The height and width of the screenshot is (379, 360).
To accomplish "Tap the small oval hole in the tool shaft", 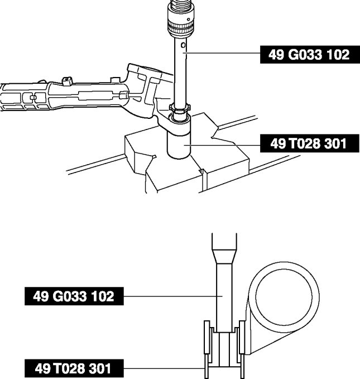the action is (x=183, y=45).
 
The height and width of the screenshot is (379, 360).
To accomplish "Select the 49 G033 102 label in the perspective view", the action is (x=309, y=55).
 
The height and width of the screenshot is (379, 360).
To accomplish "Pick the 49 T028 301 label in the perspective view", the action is (x=309, y=143).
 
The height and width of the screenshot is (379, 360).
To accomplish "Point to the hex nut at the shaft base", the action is (x=180, y=108).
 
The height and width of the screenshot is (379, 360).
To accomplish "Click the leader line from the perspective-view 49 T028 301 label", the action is (x=222, y=145).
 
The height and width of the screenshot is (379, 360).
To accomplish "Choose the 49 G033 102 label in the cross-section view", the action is (x=74, y=296).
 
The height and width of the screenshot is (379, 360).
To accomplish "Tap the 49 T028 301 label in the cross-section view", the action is (x=74, y=368).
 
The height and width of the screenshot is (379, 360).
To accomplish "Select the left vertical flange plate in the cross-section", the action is (x=207, y=349).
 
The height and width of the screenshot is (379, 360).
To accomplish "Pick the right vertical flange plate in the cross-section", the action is (x=242, y=349).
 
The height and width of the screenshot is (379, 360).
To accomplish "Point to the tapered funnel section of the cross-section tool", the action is (x=224, y=256).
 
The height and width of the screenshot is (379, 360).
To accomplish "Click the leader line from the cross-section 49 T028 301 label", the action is (x=164, y=368).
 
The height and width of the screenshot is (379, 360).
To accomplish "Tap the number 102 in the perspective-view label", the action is (x=338, y=55).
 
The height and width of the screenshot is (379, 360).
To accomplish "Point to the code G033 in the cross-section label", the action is (x=70, y=296).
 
